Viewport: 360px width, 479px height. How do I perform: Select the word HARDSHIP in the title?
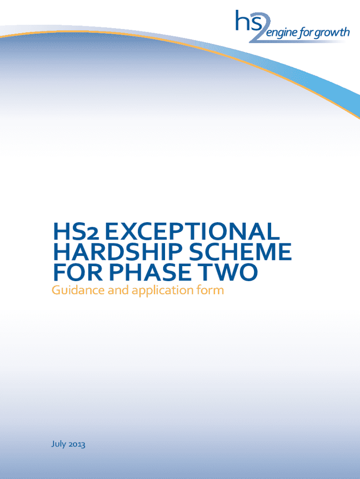click(118, 252)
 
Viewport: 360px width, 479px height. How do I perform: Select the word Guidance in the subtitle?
click(78, 290)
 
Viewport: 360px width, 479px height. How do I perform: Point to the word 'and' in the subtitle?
click(118, 290)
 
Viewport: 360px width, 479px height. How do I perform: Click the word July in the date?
click(58, 444)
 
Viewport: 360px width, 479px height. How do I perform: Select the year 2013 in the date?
click(77, 444)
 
